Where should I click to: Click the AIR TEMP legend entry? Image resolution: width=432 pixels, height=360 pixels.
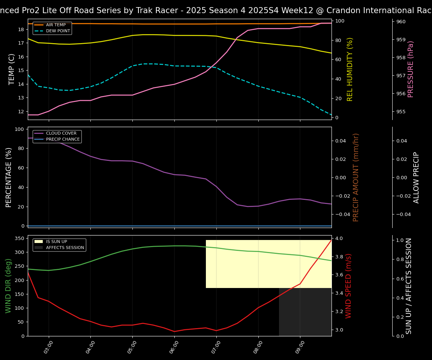55,25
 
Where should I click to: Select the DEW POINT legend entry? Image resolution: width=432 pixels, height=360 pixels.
58,31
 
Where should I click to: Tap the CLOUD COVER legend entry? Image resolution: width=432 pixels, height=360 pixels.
61,133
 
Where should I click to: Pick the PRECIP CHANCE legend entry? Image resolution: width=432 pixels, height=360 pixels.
63,139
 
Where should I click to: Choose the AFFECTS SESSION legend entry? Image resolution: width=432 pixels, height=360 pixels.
65,248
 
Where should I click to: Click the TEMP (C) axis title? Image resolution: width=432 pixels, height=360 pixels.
12,69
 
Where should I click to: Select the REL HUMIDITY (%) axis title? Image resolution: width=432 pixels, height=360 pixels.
350,69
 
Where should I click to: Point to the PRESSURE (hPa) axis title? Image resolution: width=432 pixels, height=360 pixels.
411,69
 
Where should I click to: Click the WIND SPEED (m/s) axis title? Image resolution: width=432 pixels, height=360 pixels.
349,286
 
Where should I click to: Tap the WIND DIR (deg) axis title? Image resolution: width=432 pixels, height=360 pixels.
8,286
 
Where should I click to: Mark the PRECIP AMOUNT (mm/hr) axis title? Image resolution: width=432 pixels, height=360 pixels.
356,177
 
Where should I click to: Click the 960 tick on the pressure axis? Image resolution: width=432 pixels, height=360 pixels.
401,22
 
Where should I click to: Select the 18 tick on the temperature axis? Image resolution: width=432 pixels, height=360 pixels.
21,29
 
